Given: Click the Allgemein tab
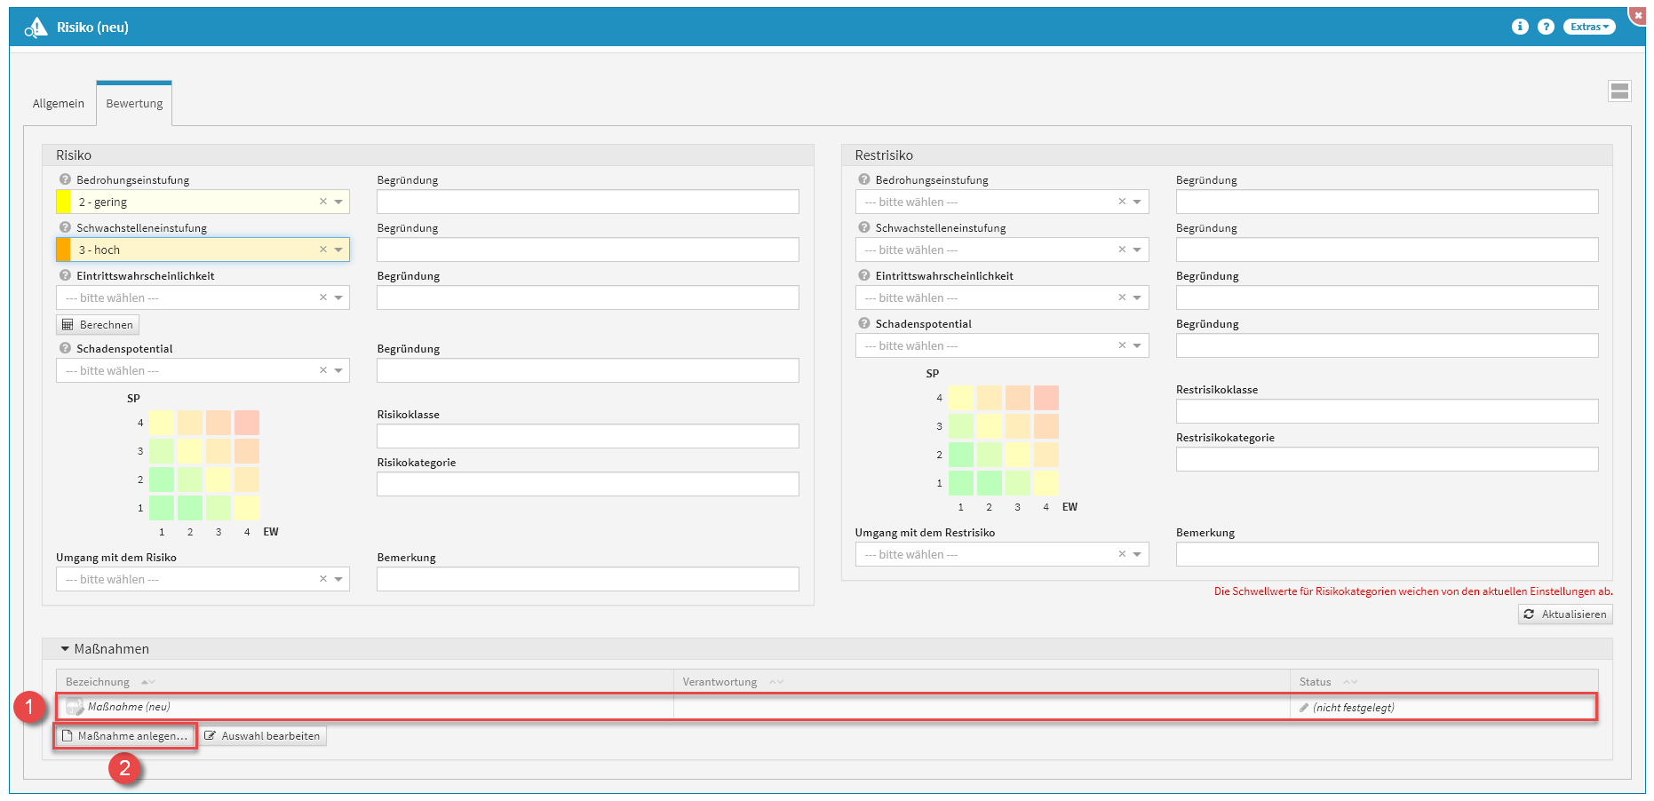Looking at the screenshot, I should (x=59, y=104).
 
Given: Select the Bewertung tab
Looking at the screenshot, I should (x=134, y=104).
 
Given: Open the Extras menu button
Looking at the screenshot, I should (x=1588, y=27).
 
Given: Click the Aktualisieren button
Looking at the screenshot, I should (x=1565, y=615).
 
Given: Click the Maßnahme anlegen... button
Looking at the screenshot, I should (x=124, y=736).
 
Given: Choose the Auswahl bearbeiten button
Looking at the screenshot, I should (x=262, y=736).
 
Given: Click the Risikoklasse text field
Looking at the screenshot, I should (x=587, y=436).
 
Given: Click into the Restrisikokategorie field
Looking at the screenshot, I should (x=1387, y=459).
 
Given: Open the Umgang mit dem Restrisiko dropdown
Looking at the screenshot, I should (x=1001, y=555).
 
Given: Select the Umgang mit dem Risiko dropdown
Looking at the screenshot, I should (x=203, y=580).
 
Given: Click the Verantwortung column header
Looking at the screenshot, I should (x=720, y=682).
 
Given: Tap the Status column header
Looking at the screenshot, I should (x=1315, y=682).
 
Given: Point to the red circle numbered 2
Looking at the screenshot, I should (x=125, y=768).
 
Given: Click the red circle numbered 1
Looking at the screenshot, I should (x=29, y=708).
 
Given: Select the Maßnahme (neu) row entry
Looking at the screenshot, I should (x=129, y=708).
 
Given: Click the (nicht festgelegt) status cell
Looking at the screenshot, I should (x=1353, y=708).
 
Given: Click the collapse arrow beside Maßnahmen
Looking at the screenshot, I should (x=65, y=649).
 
